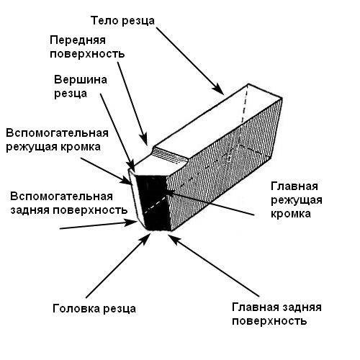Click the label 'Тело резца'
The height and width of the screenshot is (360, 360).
122,21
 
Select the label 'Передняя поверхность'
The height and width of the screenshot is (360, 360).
87,47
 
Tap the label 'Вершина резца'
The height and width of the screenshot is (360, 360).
81,86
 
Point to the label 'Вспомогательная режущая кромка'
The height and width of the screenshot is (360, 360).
57,140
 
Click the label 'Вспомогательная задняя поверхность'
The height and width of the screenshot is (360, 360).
68,203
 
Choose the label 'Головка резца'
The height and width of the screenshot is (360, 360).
94,308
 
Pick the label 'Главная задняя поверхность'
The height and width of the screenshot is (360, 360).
276,314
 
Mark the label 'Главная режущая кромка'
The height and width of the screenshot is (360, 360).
297,200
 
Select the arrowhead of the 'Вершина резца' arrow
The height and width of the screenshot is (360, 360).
132,167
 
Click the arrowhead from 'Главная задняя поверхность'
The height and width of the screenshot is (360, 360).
174,239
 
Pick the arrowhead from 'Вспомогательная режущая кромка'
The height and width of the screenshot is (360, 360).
127,181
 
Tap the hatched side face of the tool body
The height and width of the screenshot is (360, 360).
223,166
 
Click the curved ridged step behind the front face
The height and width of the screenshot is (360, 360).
170,156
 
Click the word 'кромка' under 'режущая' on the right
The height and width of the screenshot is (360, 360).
291,214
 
